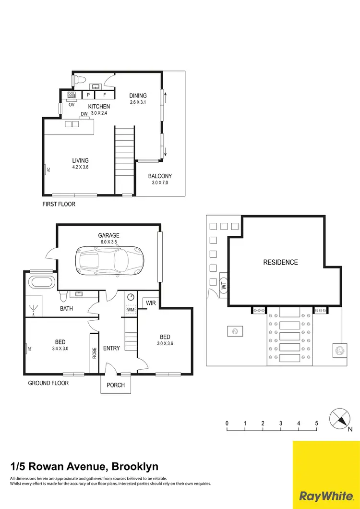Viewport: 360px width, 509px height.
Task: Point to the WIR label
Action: (151, 303)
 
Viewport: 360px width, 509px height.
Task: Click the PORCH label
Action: (116, 385)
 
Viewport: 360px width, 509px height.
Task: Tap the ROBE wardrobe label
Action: (94, 353)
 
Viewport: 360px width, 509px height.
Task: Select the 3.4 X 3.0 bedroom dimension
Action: (60, 349)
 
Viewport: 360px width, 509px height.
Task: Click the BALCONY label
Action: (159, 176)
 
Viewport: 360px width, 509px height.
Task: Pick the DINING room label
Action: (138, 96)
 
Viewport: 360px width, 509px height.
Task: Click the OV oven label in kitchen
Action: (72, 104)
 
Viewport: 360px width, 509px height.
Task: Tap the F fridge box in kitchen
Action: (104, 95)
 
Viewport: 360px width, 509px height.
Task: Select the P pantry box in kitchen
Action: (89, 95)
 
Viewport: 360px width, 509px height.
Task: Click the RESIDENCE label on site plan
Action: (280, 262)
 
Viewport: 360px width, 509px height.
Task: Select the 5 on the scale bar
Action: (316, 423)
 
